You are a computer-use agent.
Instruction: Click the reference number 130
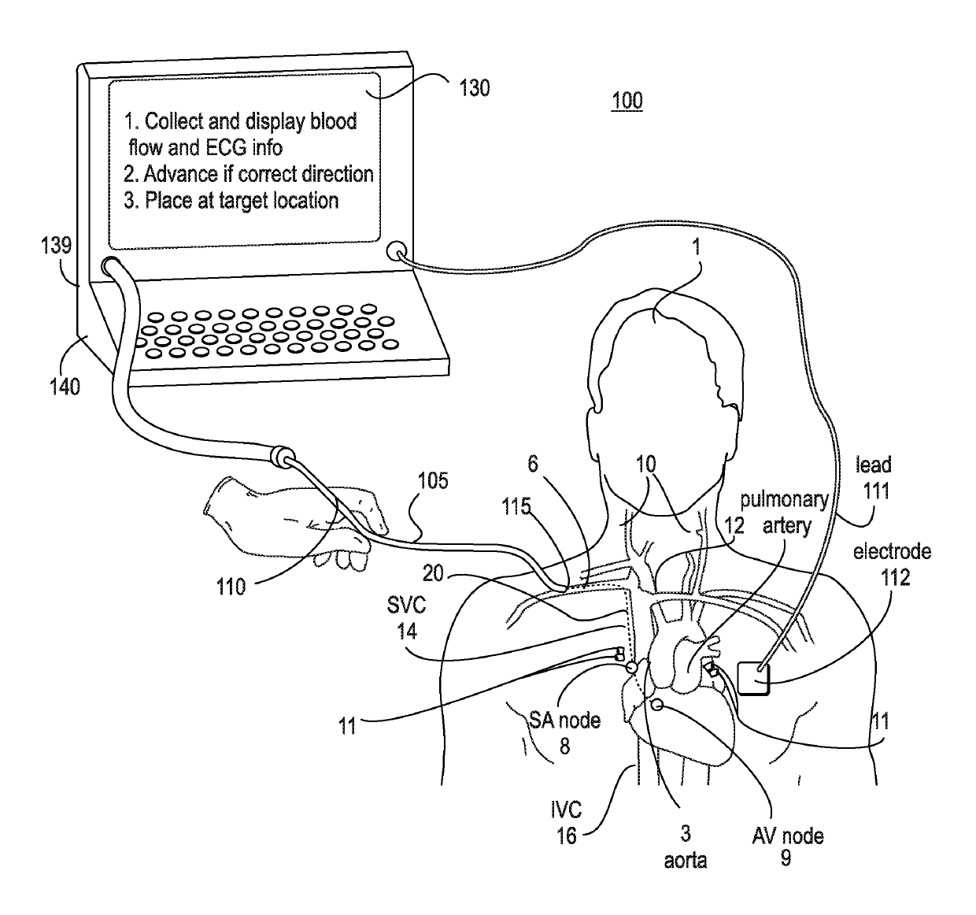point(475,88)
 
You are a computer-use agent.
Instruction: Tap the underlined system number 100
point(627,100)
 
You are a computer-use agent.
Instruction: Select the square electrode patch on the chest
point(753,679)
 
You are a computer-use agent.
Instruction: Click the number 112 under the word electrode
point(896,577)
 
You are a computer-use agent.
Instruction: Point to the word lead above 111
point(874,465)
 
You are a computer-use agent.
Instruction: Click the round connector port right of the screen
point(396,252)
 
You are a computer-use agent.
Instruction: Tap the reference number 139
point(57,245)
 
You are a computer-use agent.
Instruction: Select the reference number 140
point(65,387)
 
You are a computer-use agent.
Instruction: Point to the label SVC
point(406,606)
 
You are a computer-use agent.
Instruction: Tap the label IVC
point(566,809)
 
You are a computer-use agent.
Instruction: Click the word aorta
point(685,861)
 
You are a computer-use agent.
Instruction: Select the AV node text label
point(788,835)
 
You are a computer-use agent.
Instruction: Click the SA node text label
point(564,721)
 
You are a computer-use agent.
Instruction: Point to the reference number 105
point(433,480)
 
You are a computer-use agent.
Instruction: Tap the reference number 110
point(231,587)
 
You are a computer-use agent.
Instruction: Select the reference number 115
point(516,506)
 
